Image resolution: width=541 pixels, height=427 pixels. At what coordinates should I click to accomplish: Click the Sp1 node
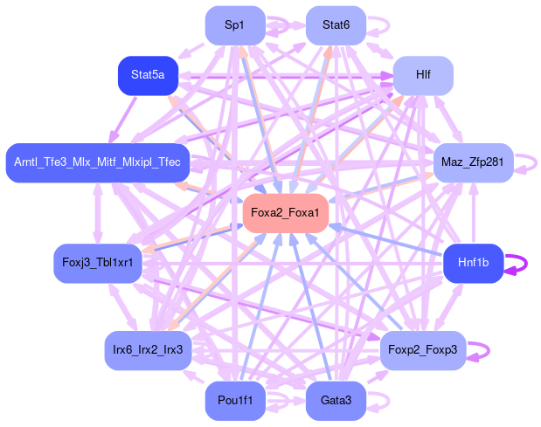click(x=234, y=25)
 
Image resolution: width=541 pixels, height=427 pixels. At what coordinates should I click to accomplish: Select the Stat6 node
click(x=336, y=25)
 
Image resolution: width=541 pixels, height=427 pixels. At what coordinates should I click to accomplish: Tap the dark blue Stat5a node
click(x=148, y=76)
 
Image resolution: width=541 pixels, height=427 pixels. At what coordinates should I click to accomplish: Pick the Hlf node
click(x=423, y=76)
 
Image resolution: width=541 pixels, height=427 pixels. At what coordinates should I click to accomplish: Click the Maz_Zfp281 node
click(x=472, y=162)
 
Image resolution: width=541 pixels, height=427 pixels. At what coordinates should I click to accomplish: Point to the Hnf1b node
click(x=473, y=263)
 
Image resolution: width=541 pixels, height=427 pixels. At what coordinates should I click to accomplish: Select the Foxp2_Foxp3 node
click(x=424, y=350)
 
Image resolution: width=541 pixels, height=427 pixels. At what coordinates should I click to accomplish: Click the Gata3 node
click(x=336, y=401)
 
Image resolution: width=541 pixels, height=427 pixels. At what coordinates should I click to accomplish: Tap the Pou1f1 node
click(x=234, y=401)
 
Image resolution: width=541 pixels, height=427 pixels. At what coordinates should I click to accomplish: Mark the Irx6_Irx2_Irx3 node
click(x=148, y=350)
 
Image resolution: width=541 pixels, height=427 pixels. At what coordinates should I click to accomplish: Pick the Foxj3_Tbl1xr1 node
click(x=98, y=263)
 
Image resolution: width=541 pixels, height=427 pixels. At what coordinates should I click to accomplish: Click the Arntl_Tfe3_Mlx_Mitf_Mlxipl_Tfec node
click(x=97, y=162)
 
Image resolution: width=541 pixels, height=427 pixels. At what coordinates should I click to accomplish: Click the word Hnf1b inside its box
click(x=473, y=263)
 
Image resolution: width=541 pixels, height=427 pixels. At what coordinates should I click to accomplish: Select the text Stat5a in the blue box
click(x=148, y=76)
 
